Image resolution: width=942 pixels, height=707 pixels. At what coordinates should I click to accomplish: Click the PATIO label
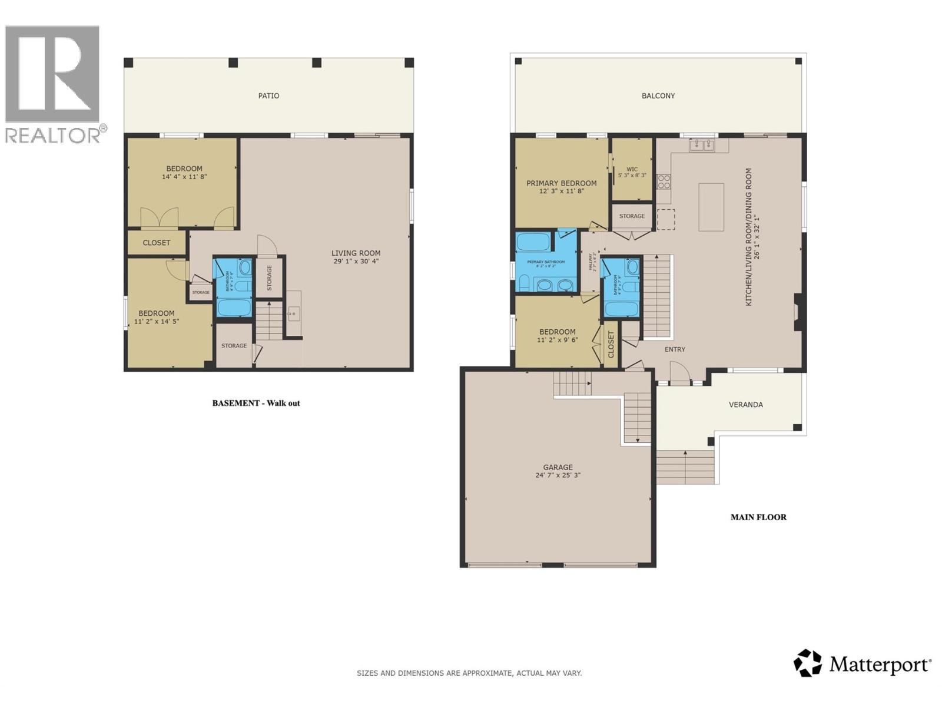click(x=268, y=96)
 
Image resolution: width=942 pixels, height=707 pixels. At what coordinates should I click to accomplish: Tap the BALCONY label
click(x=658, y=96)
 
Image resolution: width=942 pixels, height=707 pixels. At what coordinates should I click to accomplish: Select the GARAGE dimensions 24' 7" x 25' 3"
click(x=558, y=475)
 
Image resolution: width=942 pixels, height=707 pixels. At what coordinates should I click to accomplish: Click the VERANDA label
click(x=745, y=405)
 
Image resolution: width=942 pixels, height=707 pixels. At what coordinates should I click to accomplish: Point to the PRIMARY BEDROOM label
click(x=561, y=183)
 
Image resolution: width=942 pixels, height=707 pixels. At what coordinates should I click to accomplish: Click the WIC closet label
click(x=632, y=170)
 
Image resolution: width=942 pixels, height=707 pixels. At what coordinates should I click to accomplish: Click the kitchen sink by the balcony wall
click(x=701, y=145)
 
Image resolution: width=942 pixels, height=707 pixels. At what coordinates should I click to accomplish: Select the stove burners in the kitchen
click(x=664, y=181)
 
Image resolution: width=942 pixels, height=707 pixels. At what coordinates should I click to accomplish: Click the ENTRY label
click(x=675, y=349)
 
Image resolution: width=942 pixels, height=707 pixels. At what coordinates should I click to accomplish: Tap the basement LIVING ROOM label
click(x=356, y=253)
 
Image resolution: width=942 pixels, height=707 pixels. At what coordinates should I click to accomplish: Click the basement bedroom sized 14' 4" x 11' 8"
click(x=184, y=173)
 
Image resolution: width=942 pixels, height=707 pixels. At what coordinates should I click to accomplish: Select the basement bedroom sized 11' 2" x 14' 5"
click(x=156, y=318)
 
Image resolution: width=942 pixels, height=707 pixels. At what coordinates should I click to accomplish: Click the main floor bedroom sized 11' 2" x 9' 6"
click(x=557, y=336)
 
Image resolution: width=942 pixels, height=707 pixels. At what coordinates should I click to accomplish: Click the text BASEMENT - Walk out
click(x=256, y=404)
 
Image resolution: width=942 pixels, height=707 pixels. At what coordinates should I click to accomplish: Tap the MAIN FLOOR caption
click(x=758, y=517)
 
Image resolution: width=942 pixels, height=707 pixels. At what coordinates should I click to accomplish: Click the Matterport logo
click(x=862, y=664)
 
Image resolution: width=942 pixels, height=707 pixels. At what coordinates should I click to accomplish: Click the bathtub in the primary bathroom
click(x=534, y=242)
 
